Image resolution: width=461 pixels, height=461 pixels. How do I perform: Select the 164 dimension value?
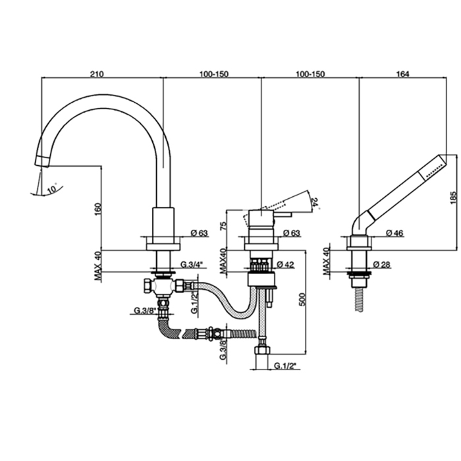point(403,73)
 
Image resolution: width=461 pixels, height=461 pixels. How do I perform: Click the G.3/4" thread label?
point(192,265)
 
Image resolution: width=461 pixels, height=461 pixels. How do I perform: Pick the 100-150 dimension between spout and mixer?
point(212,73)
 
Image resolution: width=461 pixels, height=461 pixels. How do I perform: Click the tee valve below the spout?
point(160,286)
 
